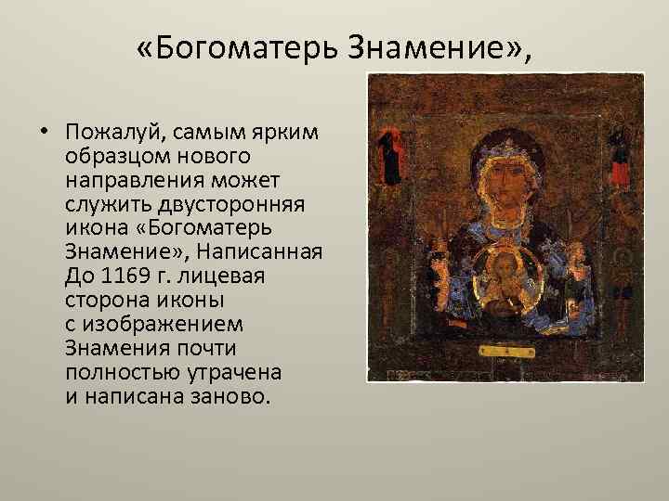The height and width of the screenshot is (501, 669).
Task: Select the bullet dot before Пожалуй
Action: (x=45, y=131)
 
